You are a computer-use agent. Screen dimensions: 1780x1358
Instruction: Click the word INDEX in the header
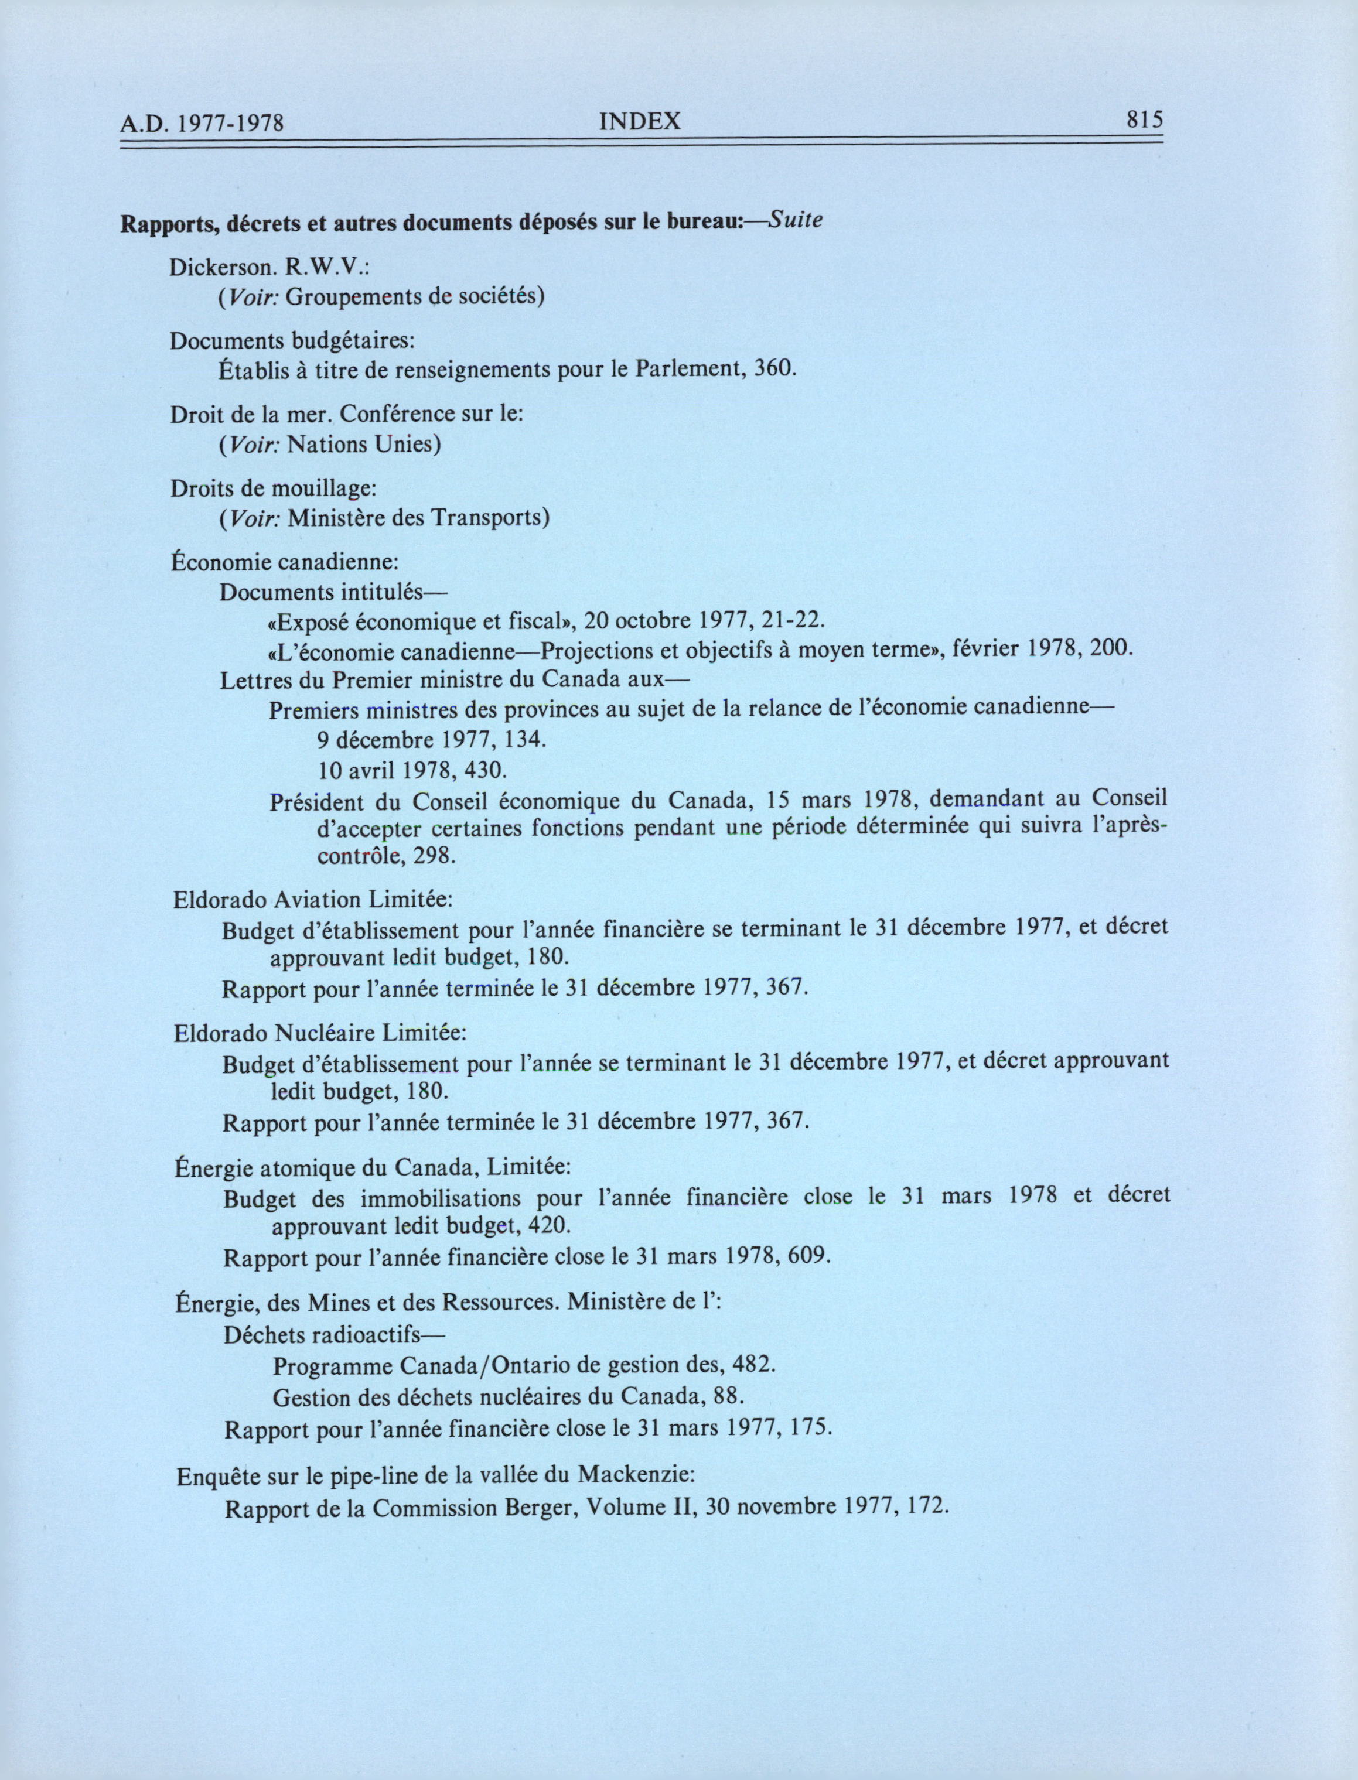click(640, 121)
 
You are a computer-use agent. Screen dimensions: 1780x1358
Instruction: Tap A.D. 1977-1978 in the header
click(204, 124)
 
